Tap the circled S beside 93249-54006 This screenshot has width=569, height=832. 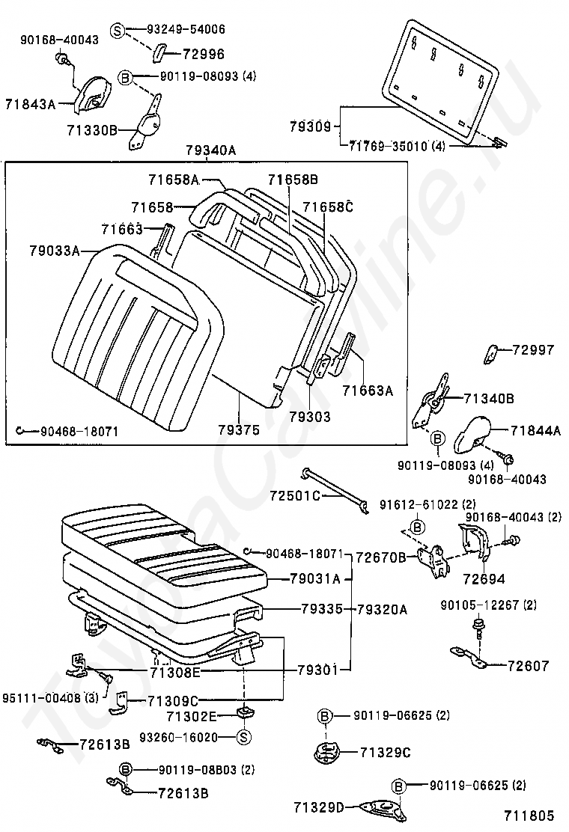[x=118, y=30]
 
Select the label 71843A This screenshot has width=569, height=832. [x=31, y=103]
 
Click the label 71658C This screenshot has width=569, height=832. [x=327, y=206]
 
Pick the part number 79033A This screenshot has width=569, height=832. [x=55, y=251]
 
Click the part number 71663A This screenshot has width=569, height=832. [x=368, y=390]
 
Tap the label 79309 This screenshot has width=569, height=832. [x=310, y=127]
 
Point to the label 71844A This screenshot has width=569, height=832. [x=536, y=430]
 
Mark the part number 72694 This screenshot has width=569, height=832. [x=484, y=578]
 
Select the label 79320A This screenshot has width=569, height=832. [x=382, y=609]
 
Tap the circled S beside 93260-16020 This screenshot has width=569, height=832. [x=243, y=737]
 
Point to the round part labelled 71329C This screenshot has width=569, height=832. [x=327, y=750]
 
